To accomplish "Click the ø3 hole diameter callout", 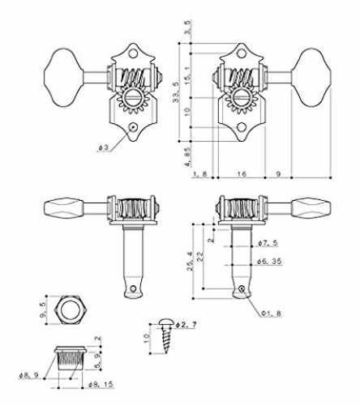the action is pyautogui.click(x=104, y=147).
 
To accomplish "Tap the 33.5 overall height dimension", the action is pyautogui.click(x=176, y=92).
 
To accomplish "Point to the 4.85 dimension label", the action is pyautogui.click(x=188, y=157).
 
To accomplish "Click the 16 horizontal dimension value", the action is pyautogui.click(x=242, y=173).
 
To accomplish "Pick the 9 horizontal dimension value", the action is pyautogui.click(x=279, y=173).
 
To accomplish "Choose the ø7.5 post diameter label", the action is pyautogui.click(x=268, y=243).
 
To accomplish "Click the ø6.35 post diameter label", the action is pyautogui.click(x=269, y=262).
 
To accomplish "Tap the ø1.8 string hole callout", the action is pyautogui.click(x=271, y=313).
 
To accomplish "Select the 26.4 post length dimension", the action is pyautogui.click(x=190, y=261).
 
